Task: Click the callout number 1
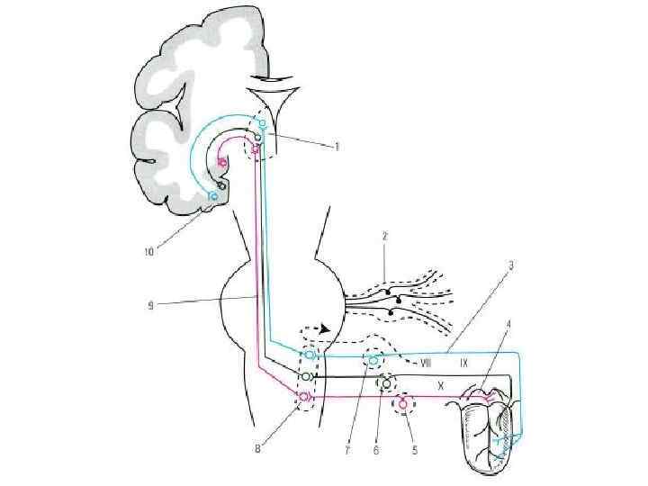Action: pyautogui.click(x=336, y=147)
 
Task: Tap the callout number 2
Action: pyautogui.click(x=384, y=236)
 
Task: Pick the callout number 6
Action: pyautogui.click(x=376, y=451)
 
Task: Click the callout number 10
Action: pyautogui.click(x=150, y=252)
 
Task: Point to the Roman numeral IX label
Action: pyautogui.click(x=464, y=364)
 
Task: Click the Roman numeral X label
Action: pyautogui.click(x=441, y=383)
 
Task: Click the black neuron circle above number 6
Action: pyautogui.click(x=387, y=383)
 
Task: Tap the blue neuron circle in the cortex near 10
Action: pyautogui.click(x=213, y=195)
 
